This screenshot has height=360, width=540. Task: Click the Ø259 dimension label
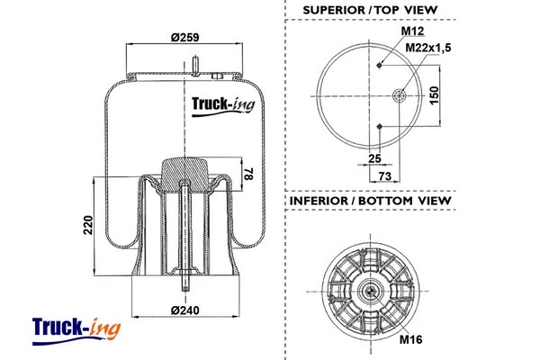(184, 39)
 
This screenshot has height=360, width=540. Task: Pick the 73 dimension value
(382, 176)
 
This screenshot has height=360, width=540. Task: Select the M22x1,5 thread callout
(426, 48)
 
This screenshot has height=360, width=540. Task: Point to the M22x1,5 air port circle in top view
(401, 95)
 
